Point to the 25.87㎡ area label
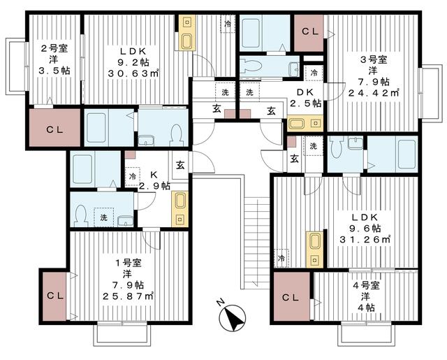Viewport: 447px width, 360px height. tap(129, 296)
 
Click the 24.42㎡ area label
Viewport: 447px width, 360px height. tap(374, 91)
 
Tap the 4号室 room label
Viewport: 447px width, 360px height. tap(365, 285)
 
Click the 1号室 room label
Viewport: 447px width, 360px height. tap(129, 263)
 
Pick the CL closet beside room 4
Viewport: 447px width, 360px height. tap(291, 297)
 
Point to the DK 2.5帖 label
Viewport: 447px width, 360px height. tap(307, 97)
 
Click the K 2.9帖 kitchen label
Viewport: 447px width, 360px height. tap(153, 180)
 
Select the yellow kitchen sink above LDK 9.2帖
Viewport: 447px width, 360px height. tap(186, 33)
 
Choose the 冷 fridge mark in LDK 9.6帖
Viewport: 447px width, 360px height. tap(281, 258)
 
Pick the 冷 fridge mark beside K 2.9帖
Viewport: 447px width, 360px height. tap(131, 176)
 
